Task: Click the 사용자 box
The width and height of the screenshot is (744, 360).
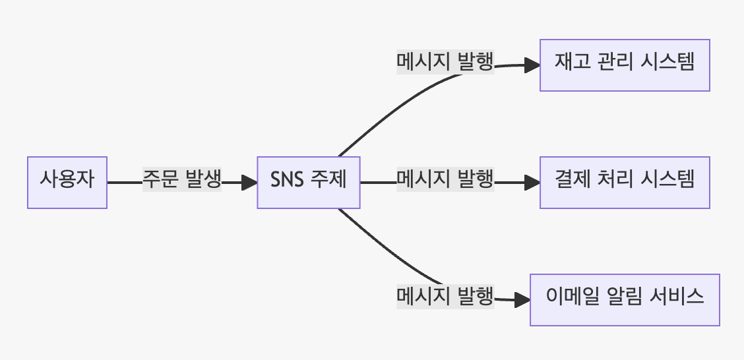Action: click(67, 182)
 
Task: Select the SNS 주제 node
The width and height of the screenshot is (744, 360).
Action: click(308, 182)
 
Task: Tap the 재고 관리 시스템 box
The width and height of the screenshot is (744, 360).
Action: click(625, 65)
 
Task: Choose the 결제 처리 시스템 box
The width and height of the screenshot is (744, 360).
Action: click(625, 182)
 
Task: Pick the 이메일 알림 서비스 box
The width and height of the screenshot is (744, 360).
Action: click(625, 299)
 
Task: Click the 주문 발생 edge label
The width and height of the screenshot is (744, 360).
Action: click(181, 179)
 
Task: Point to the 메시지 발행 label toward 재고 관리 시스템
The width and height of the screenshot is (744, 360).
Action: click(445, 63)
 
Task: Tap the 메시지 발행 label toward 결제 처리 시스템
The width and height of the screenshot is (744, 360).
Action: click(445, 179)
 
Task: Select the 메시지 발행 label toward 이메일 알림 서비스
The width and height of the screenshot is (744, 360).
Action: click(445, 297)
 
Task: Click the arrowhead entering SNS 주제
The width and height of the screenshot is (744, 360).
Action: click(251, 182)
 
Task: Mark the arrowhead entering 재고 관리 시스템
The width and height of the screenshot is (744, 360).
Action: click(534, 65)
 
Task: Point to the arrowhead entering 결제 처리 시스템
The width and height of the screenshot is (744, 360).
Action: click(534, 182)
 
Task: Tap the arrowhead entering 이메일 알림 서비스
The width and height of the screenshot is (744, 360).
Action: click(524, 300)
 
